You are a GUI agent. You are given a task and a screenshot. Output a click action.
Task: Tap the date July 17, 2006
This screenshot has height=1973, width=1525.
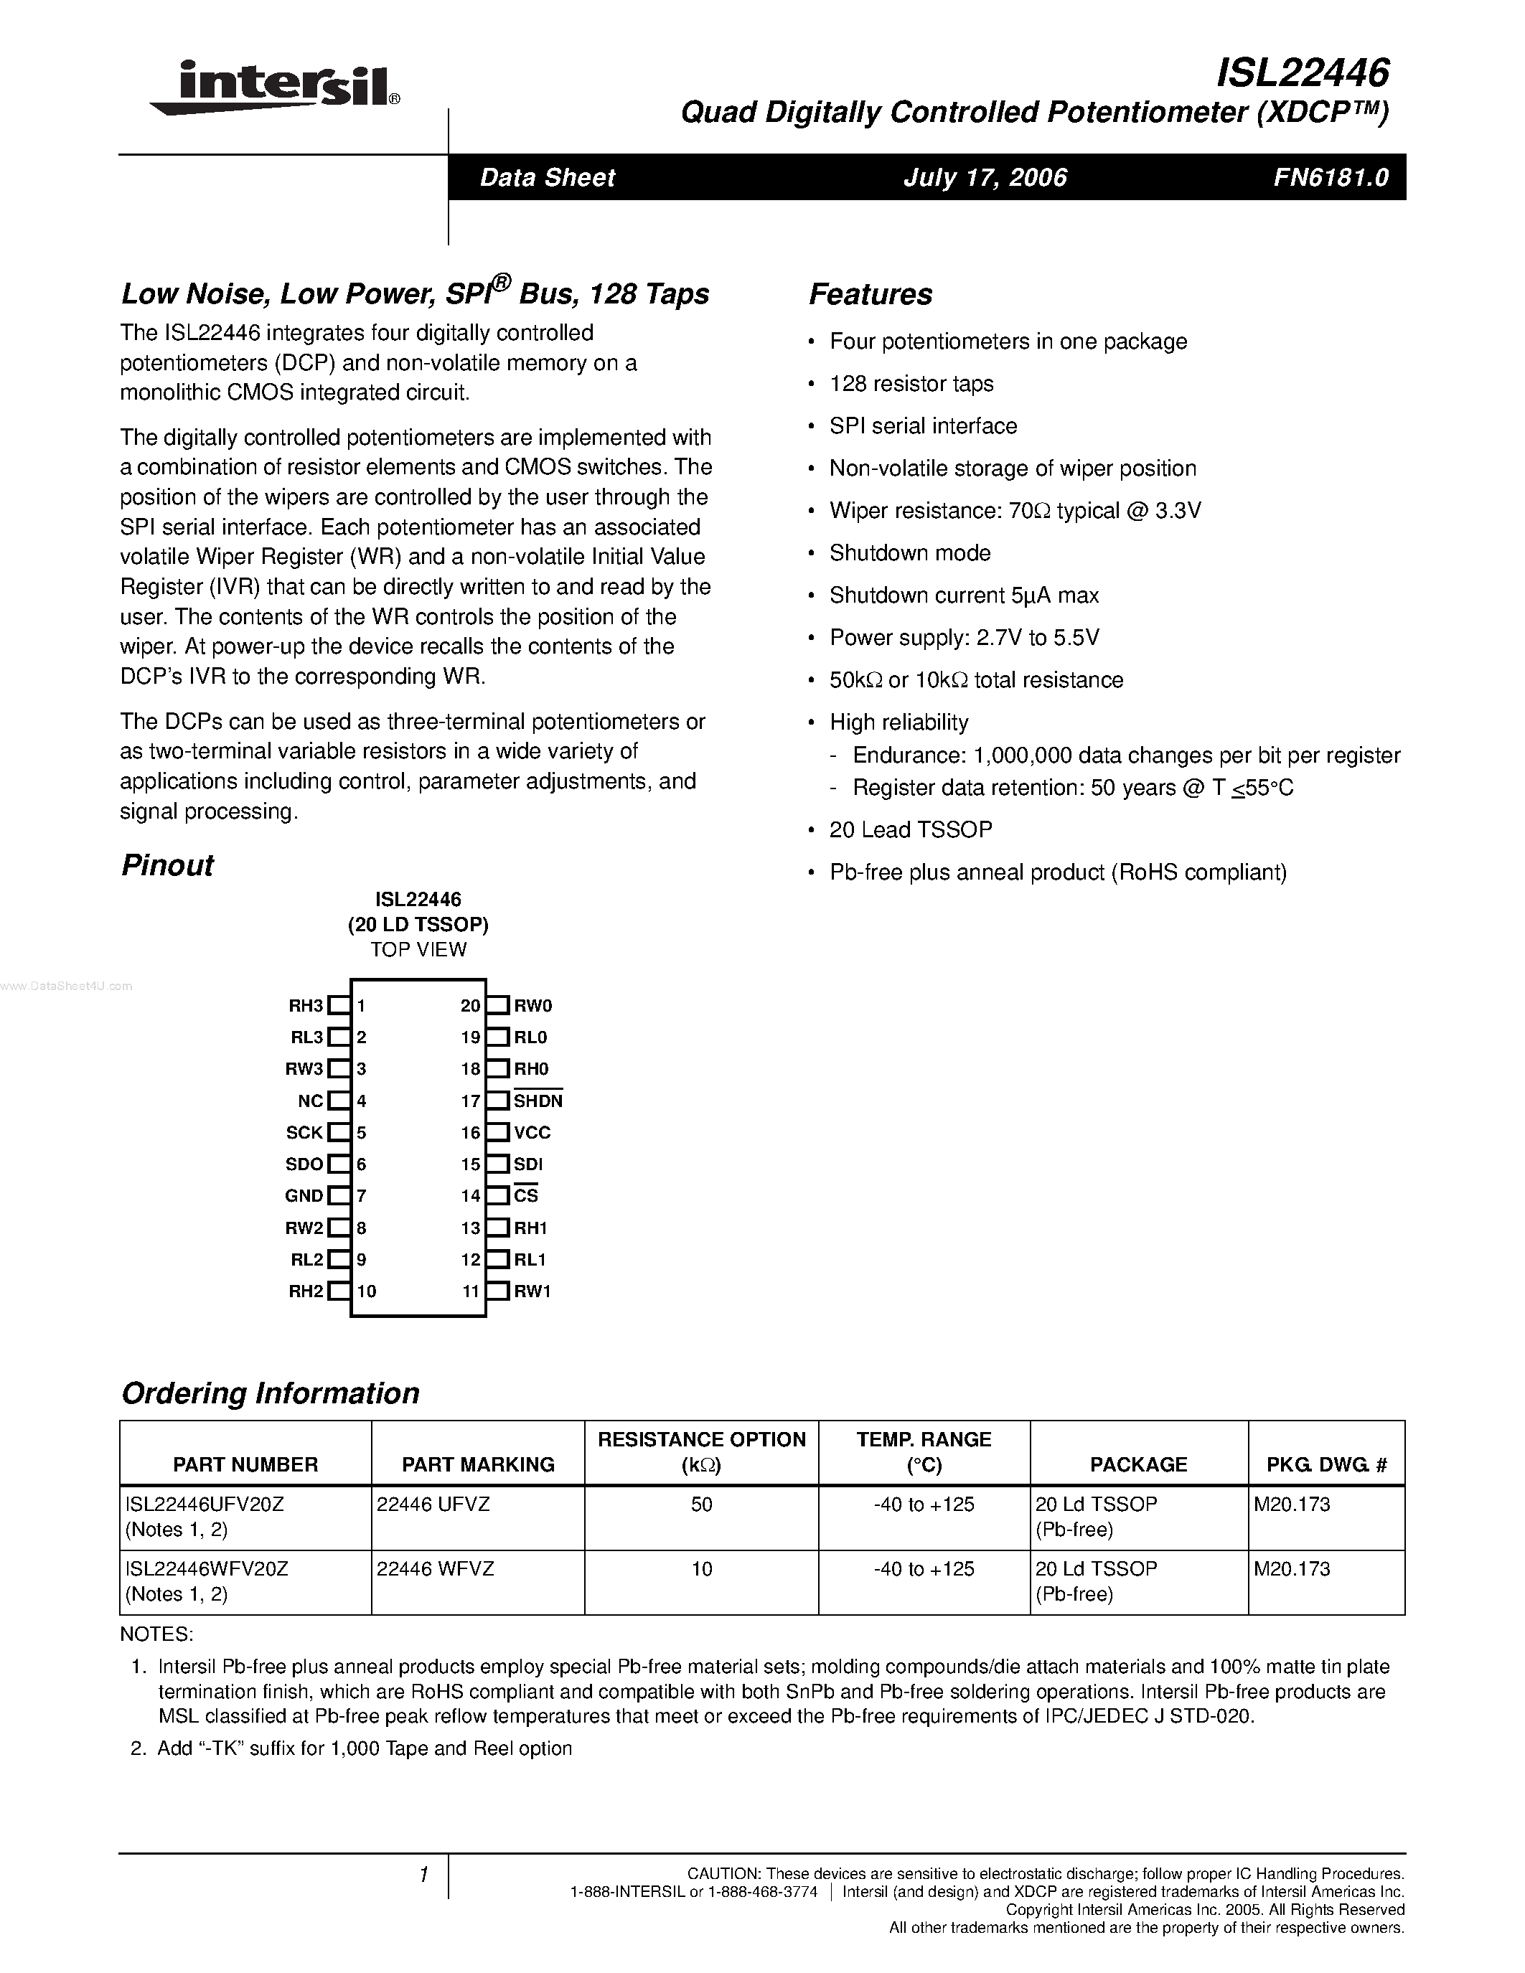tap(985, 177)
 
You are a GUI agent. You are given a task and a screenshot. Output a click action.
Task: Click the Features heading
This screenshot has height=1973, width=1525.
tap(870, 294)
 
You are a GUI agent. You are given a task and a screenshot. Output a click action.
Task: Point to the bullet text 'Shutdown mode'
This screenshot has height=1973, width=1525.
tap(910, 553)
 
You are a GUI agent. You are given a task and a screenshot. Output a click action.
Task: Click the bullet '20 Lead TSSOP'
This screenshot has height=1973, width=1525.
tap(911, 829)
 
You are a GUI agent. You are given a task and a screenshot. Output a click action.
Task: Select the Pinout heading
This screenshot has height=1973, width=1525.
tap(167, 865)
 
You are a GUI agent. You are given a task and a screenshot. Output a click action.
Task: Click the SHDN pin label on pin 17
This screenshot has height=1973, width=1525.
tap(538, 1101)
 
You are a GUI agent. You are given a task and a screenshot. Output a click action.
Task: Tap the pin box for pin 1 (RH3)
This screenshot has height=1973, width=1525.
tap(339, 1005)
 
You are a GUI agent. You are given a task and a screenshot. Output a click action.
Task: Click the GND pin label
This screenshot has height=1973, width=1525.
tap(304, 1196)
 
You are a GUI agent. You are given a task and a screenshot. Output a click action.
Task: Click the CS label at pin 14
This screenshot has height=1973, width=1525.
tap(526, 1196)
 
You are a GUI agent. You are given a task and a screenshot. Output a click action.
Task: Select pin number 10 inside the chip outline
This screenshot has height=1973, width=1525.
tap(366, 1291)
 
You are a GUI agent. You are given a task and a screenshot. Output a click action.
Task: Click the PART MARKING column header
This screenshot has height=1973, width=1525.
tap(478, 1464)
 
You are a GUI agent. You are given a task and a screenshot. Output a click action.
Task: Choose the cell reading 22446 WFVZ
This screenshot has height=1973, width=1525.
tap(436, 1569)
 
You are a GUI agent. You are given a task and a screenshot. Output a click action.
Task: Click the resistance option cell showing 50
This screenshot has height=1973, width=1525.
tap(701, 1504)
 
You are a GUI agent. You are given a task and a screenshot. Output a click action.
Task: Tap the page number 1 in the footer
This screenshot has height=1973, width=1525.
tap(423, 1875)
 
